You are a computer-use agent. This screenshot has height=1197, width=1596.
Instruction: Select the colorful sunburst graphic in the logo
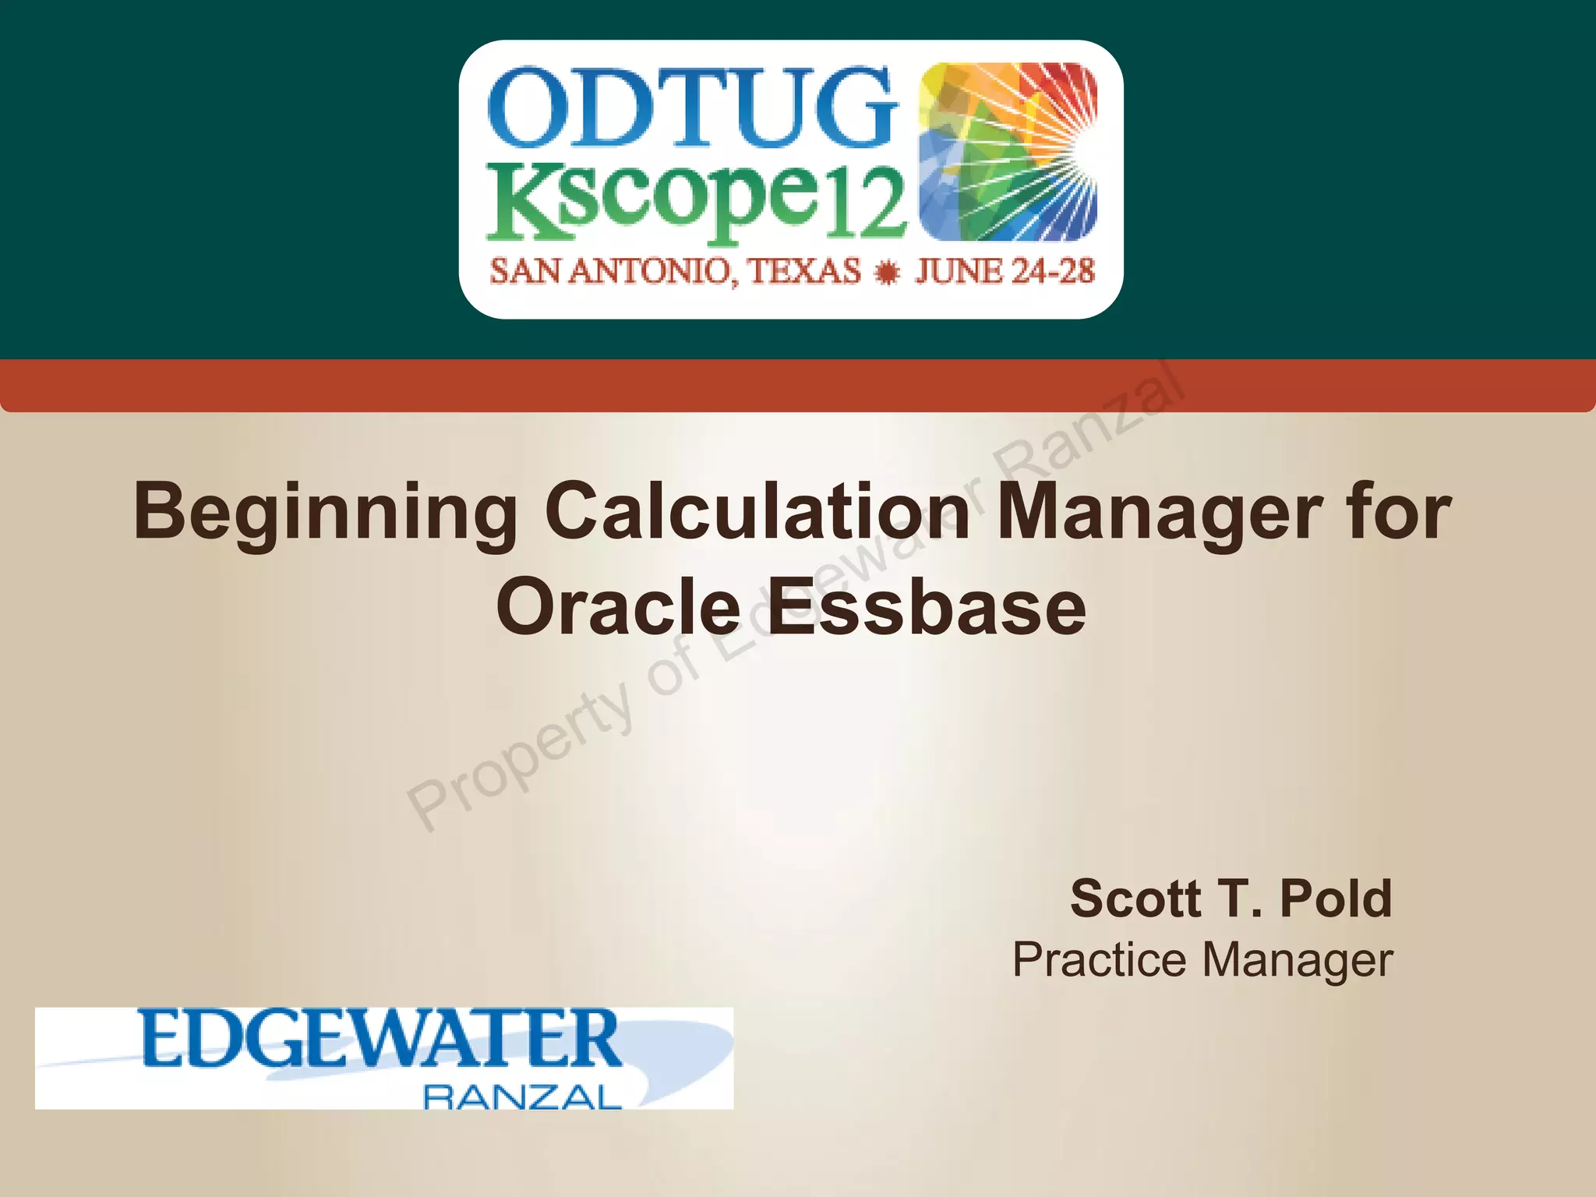(x=1008, y=151)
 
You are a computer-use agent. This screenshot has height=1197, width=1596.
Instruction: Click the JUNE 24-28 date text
(x=1005, y=272)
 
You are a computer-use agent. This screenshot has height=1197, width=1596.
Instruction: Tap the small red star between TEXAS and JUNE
(x=887, y=274)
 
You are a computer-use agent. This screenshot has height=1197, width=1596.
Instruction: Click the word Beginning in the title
(x=325, y=513)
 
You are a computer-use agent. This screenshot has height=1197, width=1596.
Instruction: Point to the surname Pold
(x=1336, y=899)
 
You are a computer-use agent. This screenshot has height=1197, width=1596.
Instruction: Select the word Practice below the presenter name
(x=1101, y=959)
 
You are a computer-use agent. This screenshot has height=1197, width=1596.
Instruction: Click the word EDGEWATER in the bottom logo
(x=381, y=1040)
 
